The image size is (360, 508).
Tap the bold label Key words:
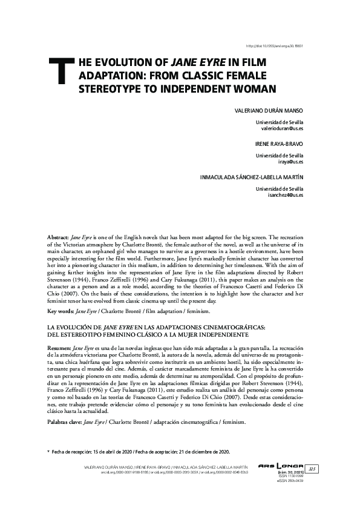tap(60, 311)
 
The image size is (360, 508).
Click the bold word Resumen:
tap(59, 349)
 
